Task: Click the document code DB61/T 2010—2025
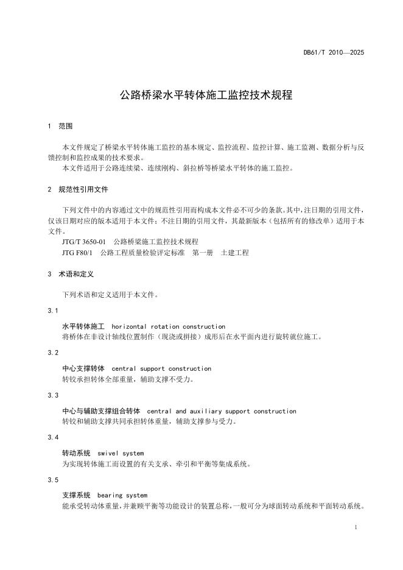pos(334,53)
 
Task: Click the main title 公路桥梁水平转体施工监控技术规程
pos(206,96)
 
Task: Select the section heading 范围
pos(66,127)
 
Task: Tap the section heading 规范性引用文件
pos(83,189)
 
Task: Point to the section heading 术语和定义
pos(76,274)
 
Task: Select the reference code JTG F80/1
pos(77,252)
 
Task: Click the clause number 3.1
pos(53,311)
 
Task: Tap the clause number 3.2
pos(53,353)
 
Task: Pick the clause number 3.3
pos(53,396)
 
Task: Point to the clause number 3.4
pos(53,438)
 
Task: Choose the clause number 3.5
pos(53,480)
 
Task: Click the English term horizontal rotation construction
pos(169,326)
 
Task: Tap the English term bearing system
pos(122,495)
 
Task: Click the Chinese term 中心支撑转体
pos(83,368)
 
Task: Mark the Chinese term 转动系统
pos(76,453)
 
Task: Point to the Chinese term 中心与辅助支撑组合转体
pos(101,411)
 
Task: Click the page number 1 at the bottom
pos(355,527)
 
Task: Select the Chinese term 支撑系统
pos(76,495)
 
